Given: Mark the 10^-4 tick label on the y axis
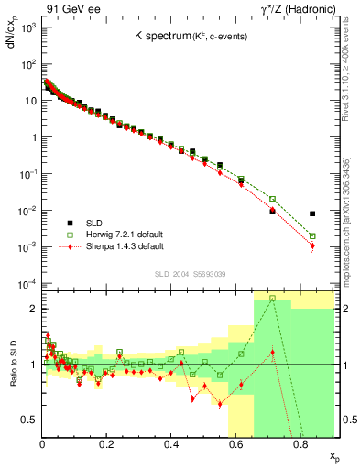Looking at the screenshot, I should click(x=27, y=283).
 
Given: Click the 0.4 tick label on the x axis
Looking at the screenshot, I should click(x=171, y=446).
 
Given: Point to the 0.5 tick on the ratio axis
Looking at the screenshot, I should click(x=29, y=420).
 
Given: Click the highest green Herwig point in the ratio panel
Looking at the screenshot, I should click(x=272, y=298).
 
